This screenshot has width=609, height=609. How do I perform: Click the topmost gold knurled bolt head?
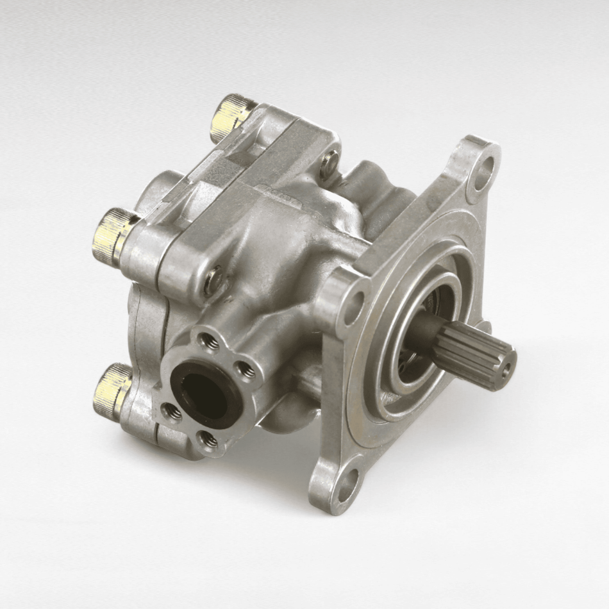point(232,116)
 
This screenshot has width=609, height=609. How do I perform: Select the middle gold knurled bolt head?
point(115,235)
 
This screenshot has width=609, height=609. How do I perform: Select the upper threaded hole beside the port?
point(207,341)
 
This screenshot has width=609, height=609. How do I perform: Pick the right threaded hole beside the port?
point(244,371)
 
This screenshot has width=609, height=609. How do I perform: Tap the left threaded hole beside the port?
point(169,410)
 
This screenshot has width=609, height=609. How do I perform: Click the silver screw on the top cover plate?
point(330,161)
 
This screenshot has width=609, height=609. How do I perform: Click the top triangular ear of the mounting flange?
point(478,160)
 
